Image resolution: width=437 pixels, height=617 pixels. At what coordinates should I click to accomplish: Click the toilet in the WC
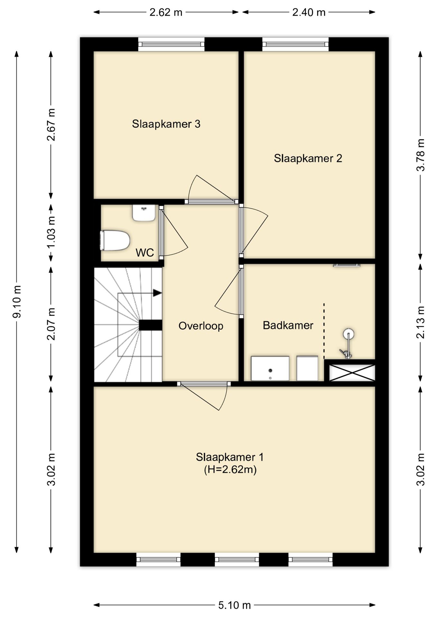tap(115, 240)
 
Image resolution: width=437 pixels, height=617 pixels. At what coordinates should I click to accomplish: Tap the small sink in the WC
tap(144, 213)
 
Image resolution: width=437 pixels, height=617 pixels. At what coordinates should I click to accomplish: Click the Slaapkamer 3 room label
tap(166, 124)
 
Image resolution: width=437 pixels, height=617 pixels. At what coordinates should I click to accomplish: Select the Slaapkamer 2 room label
tap(308, 158)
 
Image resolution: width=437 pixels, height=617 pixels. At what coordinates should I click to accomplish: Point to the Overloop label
tap(201, 326)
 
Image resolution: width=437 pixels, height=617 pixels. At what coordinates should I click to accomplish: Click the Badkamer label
tap(288, 325)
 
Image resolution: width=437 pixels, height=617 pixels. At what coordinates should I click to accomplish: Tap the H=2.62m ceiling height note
tap(230, 470)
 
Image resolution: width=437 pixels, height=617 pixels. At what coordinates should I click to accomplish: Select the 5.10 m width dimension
tap(234, 605)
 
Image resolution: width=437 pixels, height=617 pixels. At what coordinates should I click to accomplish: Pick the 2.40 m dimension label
tap(309, 12)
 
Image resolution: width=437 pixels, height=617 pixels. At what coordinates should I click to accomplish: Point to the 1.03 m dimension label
tap(51, 231)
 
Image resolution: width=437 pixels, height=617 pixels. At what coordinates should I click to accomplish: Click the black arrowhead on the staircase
tap(157, 293)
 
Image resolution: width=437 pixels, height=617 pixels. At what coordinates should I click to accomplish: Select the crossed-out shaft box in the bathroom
tap(352, 372)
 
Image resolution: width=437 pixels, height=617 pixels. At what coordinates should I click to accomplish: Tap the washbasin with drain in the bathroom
tap(270, 368)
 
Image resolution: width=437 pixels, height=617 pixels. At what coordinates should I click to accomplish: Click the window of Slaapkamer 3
tap(172, 44)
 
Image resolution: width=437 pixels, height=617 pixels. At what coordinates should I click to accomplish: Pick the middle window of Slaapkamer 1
tap(237, 559)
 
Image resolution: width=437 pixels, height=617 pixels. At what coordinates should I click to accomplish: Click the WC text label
tap(145, 253)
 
